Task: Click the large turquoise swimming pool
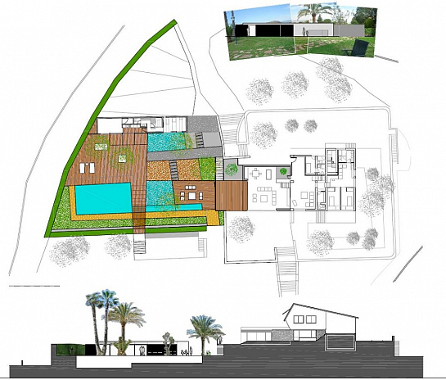click(x=101, y=197)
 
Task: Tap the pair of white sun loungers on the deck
click(x=89, y=168)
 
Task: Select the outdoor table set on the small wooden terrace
click(x=191, y=194)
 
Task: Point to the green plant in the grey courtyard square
click(x=232, y=170)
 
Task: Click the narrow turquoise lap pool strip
click(x=175, y=211)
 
